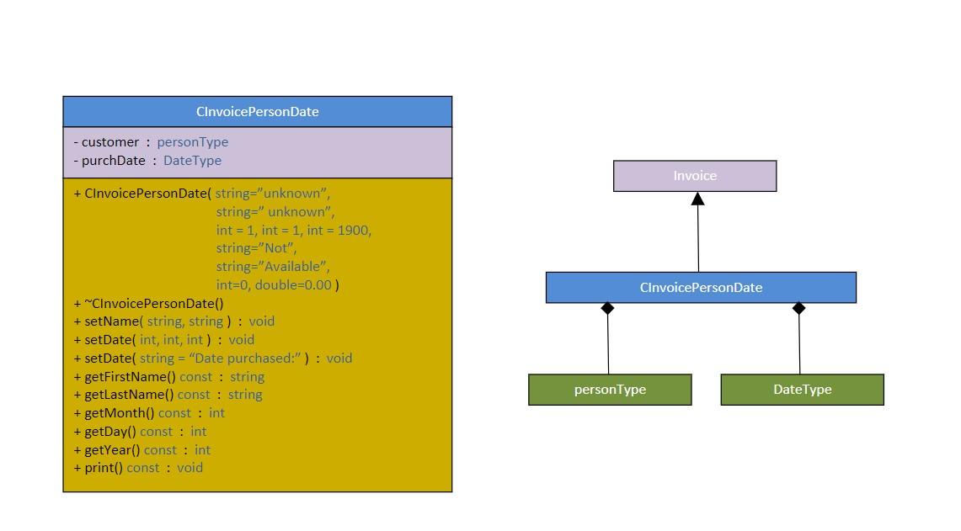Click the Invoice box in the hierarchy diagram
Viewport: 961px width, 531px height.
click(x=695, y=176)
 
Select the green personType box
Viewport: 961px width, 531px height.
click(x=610, y=390)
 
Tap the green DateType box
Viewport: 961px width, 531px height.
click(x=802, y=390)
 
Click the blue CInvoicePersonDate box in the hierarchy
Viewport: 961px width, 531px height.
click(x=701, y=288)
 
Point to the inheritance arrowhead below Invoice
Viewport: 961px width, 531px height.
click(x=697, y=199)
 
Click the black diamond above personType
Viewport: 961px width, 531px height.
click(x=607, y=309)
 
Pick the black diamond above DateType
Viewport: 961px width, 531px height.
click(x=798, y=309)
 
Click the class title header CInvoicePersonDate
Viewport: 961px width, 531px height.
click(x=257, y=112)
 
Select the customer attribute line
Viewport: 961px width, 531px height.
click(x=151, y=142)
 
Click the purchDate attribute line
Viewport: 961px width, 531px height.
click(x=147, y=161)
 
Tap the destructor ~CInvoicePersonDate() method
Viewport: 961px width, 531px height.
click(x=149, y=304)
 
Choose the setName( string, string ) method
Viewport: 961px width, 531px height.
click(x=174, y=321)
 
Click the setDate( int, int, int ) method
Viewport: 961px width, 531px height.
click(x=164, y=340)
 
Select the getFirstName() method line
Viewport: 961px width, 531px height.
click(x=169, y=377)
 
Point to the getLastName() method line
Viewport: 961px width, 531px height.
click(x=168, y=395)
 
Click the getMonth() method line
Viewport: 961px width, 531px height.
click(x=150, y=413)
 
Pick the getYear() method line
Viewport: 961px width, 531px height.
click(x=142, y=450)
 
